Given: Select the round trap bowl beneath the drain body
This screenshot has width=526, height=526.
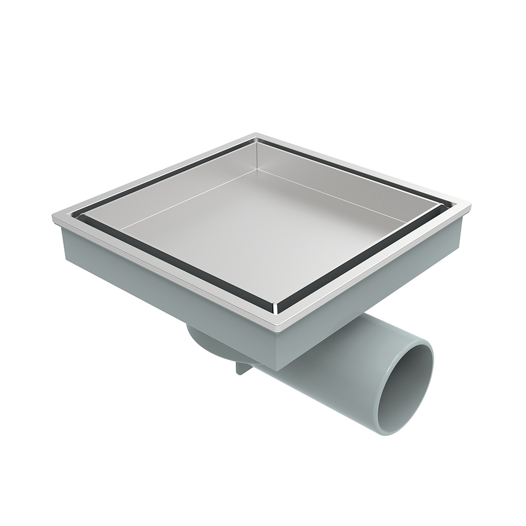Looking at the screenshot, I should coord(210,345).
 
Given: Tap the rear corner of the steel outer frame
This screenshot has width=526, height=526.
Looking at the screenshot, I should coord(256,135).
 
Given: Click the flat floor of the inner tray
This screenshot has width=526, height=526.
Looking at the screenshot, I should coord(263,231).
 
